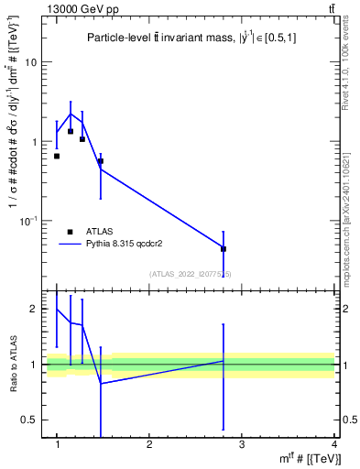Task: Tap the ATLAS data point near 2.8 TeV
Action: coord(224,248)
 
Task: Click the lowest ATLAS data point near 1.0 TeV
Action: coord(57,157)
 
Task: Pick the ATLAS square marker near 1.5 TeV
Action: coord(101,161)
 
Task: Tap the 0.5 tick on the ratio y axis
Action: coord(31,420)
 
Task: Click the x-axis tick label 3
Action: coord(242,444)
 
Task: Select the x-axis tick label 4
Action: coord(333,444)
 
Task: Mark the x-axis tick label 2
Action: coord(149,444)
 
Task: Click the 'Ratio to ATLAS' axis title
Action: coord(13,365)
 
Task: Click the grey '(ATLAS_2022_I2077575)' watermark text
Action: coord(191,274)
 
